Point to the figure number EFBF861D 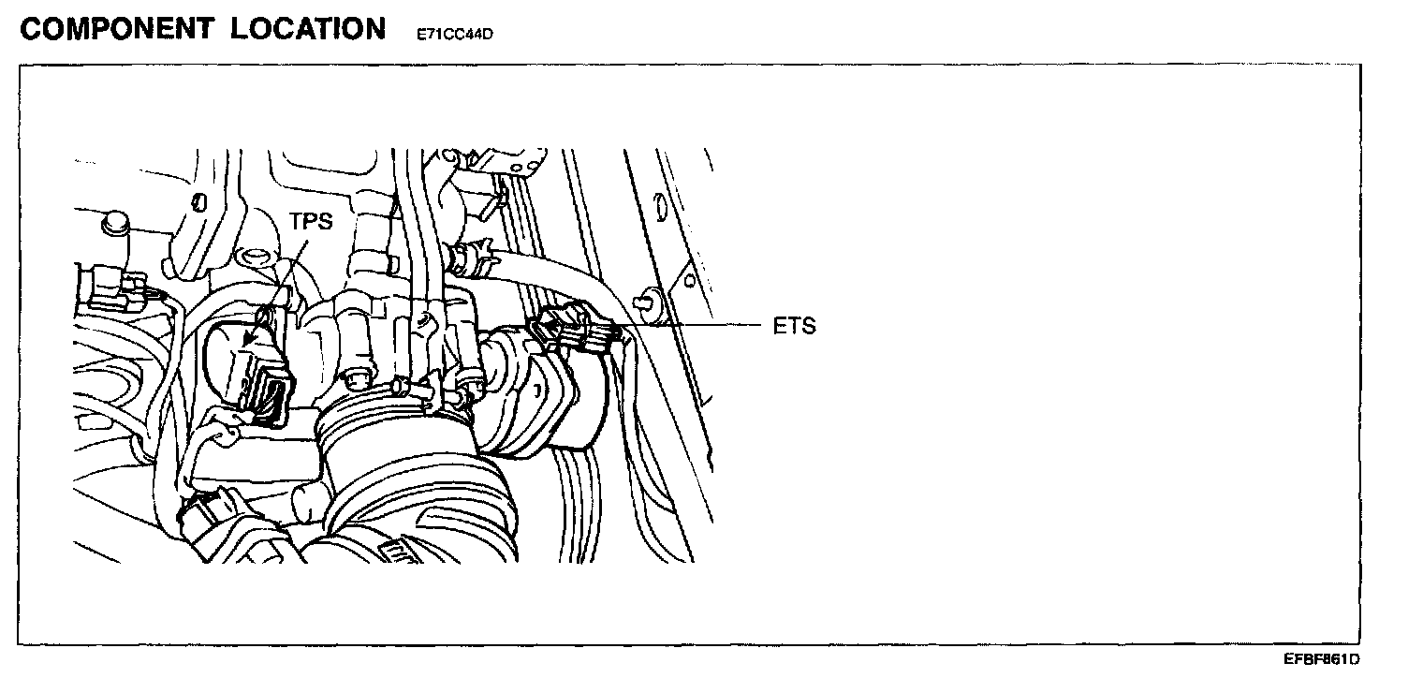tap(1321, 659)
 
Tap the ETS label tap(796, 327)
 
